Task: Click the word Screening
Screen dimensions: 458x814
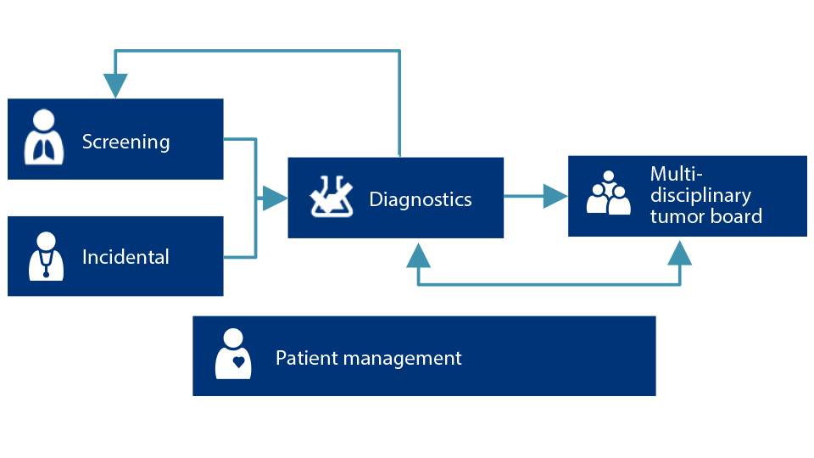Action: (125, 142)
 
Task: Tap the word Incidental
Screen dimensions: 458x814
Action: (125, 257)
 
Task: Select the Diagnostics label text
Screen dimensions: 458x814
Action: (421, 199)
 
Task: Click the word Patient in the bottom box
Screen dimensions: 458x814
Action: (303, 358)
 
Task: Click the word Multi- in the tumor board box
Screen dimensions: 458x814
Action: (675, 175)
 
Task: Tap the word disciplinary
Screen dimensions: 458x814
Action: (700, 196)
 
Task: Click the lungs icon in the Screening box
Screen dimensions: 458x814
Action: (42, 139)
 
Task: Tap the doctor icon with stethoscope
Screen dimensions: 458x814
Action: (45, 255)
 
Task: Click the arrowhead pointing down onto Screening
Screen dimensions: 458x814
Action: (115, 86)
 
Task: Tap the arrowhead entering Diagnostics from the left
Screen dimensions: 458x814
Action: (274, 198)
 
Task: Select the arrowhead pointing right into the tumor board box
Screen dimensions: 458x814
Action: (555, 196)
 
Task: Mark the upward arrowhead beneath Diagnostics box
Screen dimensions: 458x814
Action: (418, 254)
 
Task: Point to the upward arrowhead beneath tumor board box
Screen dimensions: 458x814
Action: (679, 253)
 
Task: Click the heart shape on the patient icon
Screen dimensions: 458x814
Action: (239, 361)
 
